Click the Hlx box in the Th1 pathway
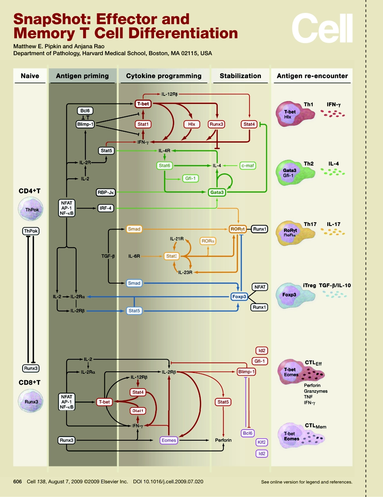(191, 124)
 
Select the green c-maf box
(248, 166)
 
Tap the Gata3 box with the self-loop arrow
(217, 193)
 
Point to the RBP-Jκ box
(106, 193)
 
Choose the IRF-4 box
(106, 208)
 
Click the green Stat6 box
(164, 166)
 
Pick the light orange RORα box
(208, 241)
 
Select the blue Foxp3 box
(238, 297)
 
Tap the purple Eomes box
(169, 440)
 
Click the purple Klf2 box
(262, 442)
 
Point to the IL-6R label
(134, 256)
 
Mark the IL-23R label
(185, 273)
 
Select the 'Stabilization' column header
(240, 76)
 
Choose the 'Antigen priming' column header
(82, 76)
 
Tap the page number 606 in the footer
(17, 481)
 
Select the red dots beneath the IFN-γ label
(333, 115)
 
